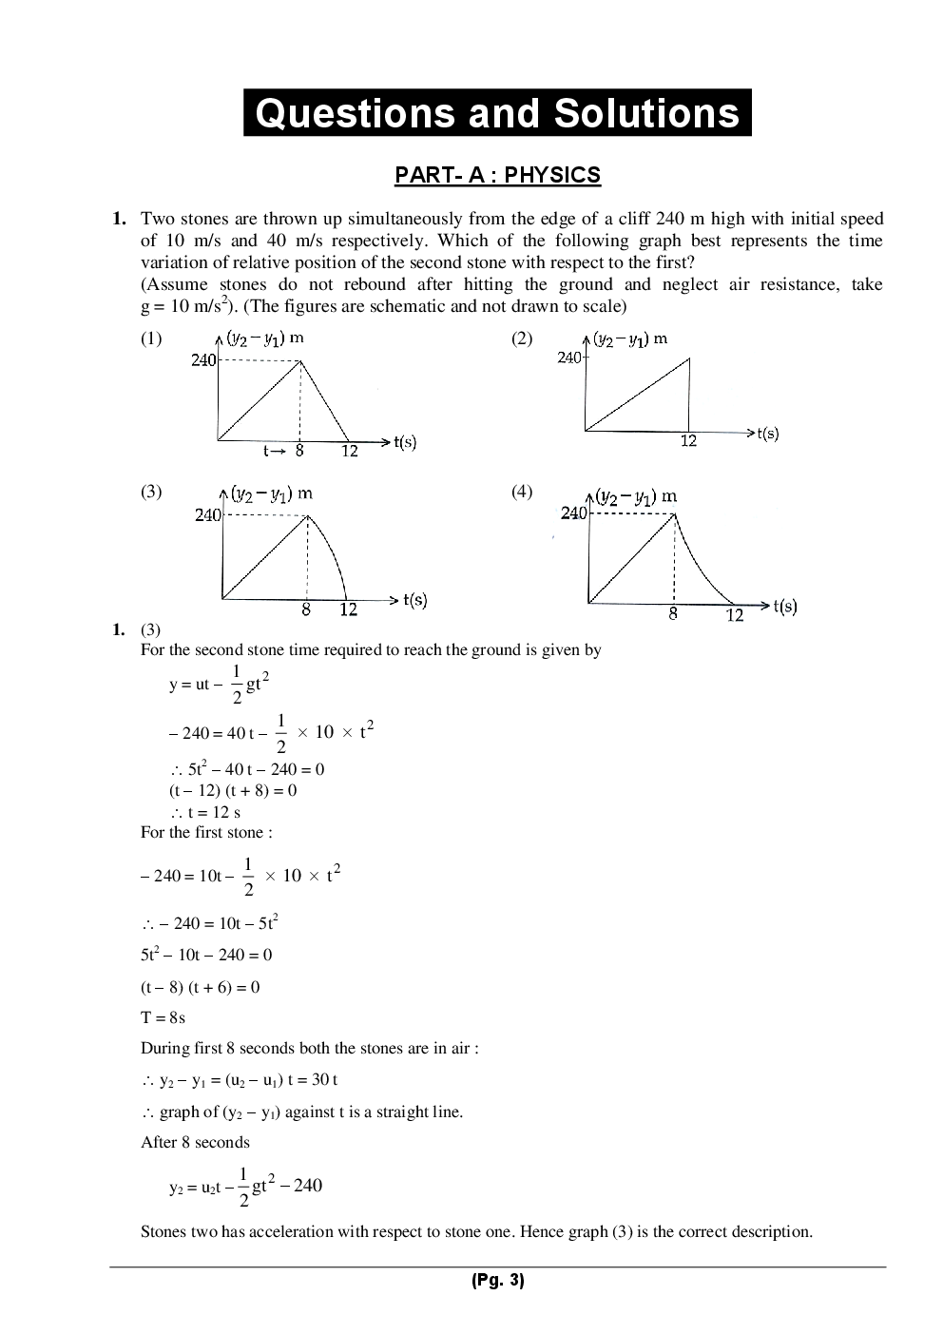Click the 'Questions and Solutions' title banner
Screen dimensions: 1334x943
coord(497,113)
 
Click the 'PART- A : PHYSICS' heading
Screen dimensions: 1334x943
coord(497,175)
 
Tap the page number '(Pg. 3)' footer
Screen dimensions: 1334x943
coord(497,1281)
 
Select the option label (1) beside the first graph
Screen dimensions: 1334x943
coord(151,338)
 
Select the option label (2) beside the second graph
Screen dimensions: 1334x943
coord(522,338)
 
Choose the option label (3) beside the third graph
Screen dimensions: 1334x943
coord(151,492)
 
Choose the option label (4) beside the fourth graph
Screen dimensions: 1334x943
coord(522,492)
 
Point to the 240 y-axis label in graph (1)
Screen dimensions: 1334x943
coord(203,360)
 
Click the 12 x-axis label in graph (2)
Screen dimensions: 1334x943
coord(688,441)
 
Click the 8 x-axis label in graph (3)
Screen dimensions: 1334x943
coord(306,610)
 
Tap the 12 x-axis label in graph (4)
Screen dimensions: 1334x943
coord(734,616)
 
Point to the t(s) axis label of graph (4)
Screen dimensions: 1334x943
coord(784,606)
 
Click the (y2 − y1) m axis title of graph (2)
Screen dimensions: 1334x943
coord(629,338)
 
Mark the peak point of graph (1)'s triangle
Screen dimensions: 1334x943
coord(300,360)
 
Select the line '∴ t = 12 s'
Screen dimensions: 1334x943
coord(205,812)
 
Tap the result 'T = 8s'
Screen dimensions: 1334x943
coord(163,1017)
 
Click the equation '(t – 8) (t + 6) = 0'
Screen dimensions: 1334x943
coord(200,987)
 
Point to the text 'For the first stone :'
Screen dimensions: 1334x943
coord(206,833)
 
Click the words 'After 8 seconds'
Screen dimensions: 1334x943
coord(195,1142)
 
